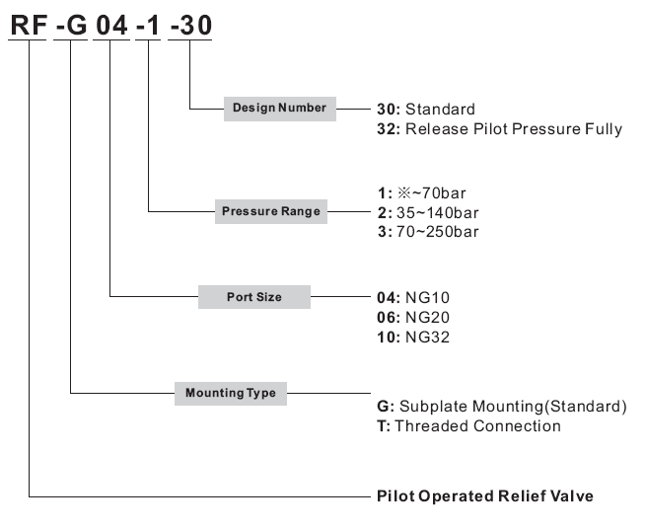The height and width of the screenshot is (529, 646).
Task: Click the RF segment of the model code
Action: point(29,25)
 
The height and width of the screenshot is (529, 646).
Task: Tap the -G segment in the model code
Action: point(71,25)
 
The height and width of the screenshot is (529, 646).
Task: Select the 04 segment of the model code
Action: point(111,25)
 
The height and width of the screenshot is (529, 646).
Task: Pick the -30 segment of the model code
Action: point(190,25)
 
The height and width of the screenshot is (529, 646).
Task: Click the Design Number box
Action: point(280,109)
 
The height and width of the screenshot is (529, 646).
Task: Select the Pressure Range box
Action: point(271,211)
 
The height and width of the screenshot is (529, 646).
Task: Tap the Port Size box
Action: point(254,297)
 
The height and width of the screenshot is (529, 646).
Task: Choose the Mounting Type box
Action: point(231,394)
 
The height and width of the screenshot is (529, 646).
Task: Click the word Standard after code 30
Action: point(440,110)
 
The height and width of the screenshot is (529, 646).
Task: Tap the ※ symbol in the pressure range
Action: point(403,193)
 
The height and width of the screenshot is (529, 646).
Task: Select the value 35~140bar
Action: point(438,213)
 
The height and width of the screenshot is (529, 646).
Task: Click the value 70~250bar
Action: point(438,232)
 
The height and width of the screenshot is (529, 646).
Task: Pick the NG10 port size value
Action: point(428,298)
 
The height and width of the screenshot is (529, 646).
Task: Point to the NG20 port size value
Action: point(428,318)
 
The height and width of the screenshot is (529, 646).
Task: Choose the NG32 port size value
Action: point(428,338)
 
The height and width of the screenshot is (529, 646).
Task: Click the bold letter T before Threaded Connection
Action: point(383,426)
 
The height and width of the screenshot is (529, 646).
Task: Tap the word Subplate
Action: point(433,407)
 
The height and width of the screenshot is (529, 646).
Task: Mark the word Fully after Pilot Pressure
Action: point(604,129)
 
